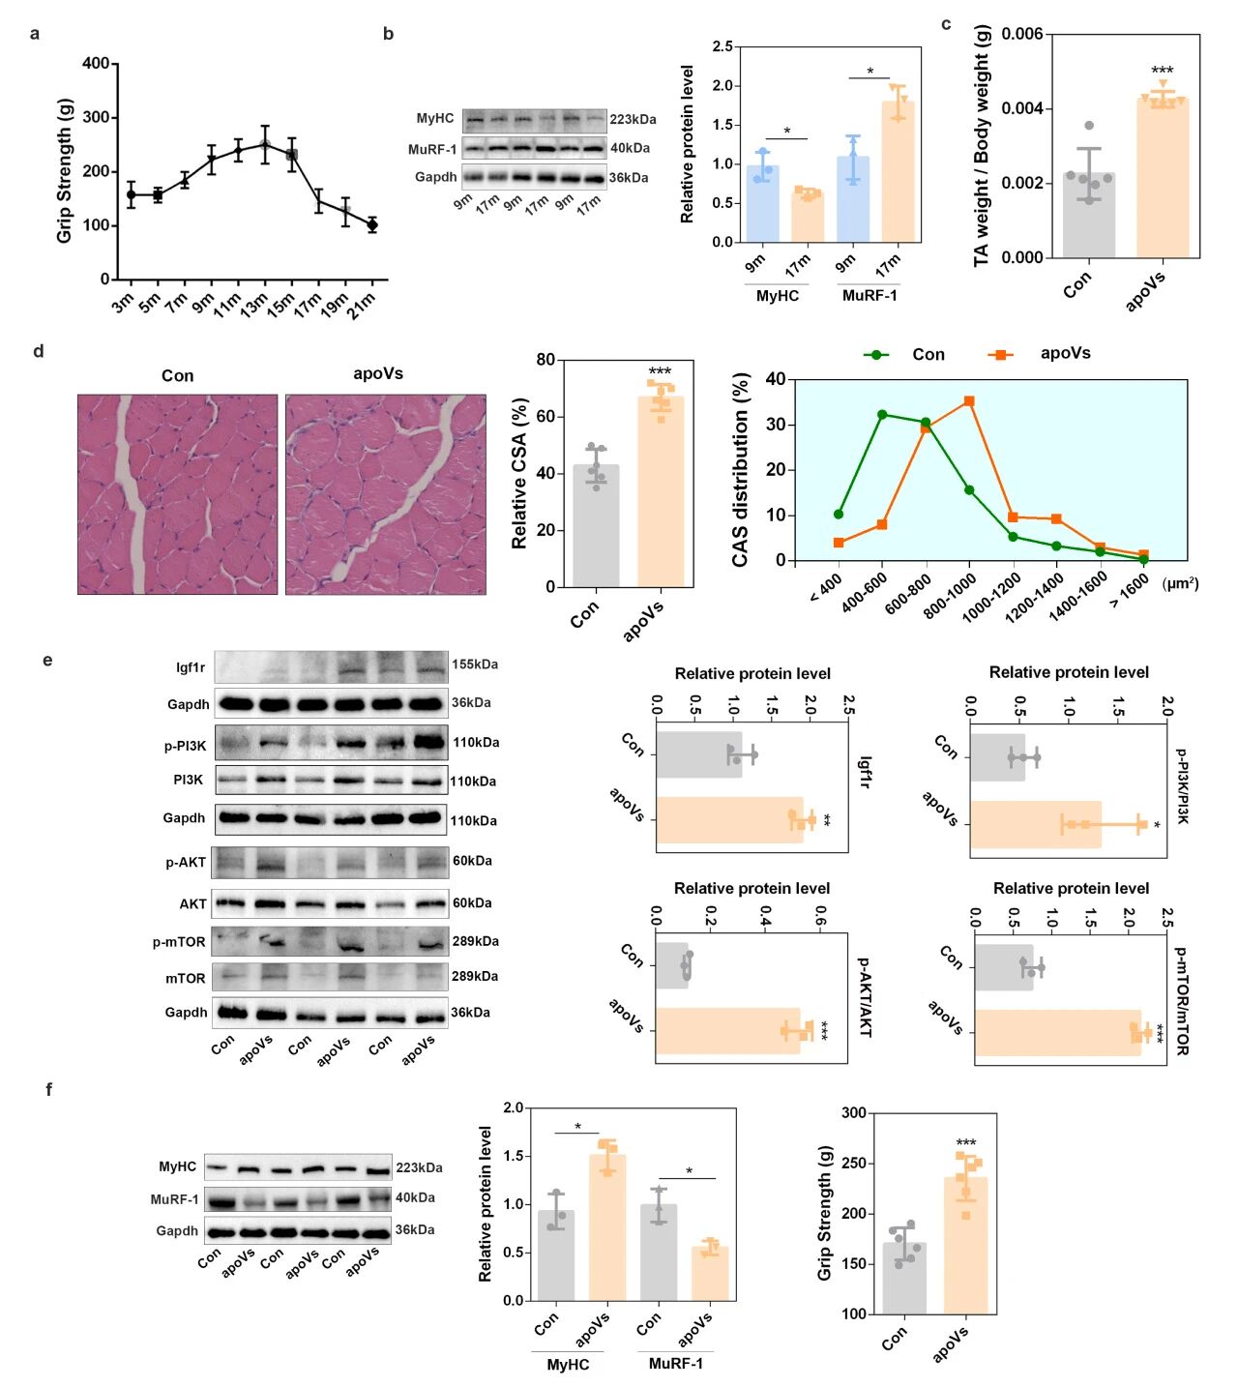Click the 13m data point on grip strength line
[264, 145]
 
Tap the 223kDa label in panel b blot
[633, 120]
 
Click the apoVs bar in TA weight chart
[1162, 178]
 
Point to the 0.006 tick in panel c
[1021, 35]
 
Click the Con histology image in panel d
[177, 494]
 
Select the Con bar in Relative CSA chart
[596, 526]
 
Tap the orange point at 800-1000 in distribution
[969, 400]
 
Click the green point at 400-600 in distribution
[882, 414]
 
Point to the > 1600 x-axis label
[1129, 590]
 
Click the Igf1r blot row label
[191, 667]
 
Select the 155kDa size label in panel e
[475, 664]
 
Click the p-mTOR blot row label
[179, 941]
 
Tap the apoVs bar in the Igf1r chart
[729, 820]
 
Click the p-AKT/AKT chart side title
[864, 997]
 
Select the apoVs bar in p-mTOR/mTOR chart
[1057, 1033]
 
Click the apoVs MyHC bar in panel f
[607, 1227]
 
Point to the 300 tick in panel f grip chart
[853, 1113]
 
